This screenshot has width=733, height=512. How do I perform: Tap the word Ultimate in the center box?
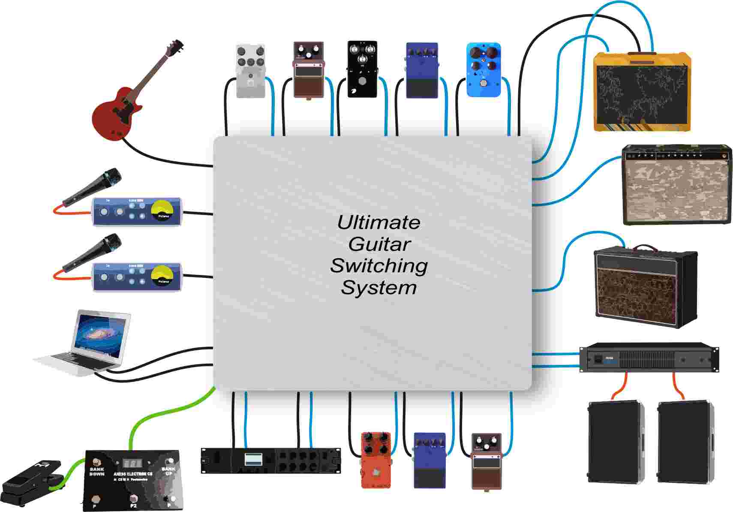(x=379, y=222)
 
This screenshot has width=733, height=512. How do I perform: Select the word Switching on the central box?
(x=379, y=265)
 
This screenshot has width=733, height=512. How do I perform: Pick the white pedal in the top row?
(x=250, y=71)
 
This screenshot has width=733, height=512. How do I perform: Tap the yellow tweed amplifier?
(x=642, y=92)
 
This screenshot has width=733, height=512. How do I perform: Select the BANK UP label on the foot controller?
(x=168, y=471)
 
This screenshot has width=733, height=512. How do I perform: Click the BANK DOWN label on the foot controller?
(x=97, y=471)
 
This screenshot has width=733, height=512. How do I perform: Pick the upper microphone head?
(x=112, y=177)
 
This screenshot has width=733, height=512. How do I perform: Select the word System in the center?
(x=379, y=287)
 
